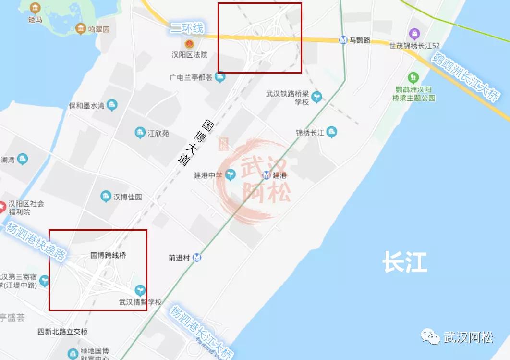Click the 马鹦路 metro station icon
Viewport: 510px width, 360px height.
click(x=343, y=40)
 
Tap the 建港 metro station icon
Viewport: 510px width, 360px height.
click(x=267, y=175)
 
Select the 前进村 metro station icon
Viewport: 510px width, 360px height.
click(x=197, y=258)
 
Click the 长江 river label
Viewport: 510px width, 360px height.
click(x=404, y=263)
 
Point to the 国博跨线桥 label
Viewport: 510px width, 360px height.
click(x=108, y=256)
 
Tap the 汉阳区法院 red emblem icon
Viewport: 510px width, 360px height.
click(x=189, y=44)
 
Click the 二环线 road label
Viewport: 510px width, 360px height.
click(x=187, y=28)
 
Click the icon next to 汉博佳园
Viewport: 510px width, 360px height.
click(x=106, y=196)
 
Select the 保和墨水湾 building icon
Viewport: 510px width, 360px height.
click(x=112, y=104)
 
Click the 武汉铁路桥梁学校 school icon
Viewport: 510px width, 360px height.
click(x=316, y=97)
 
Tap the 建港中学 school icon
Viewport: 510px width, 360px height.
click(x=231, y=174)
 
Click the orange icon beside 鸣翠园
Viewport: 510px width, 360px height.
click(x=81, y=29)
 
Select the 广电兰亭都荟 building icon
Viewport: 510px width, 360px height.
click(x=220, y=76)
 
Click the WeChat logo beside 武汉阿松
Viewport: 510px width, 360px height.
click(x=430, y=336)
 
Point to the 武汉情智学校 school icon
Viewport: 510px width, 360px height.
click(x=140, y=290)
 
